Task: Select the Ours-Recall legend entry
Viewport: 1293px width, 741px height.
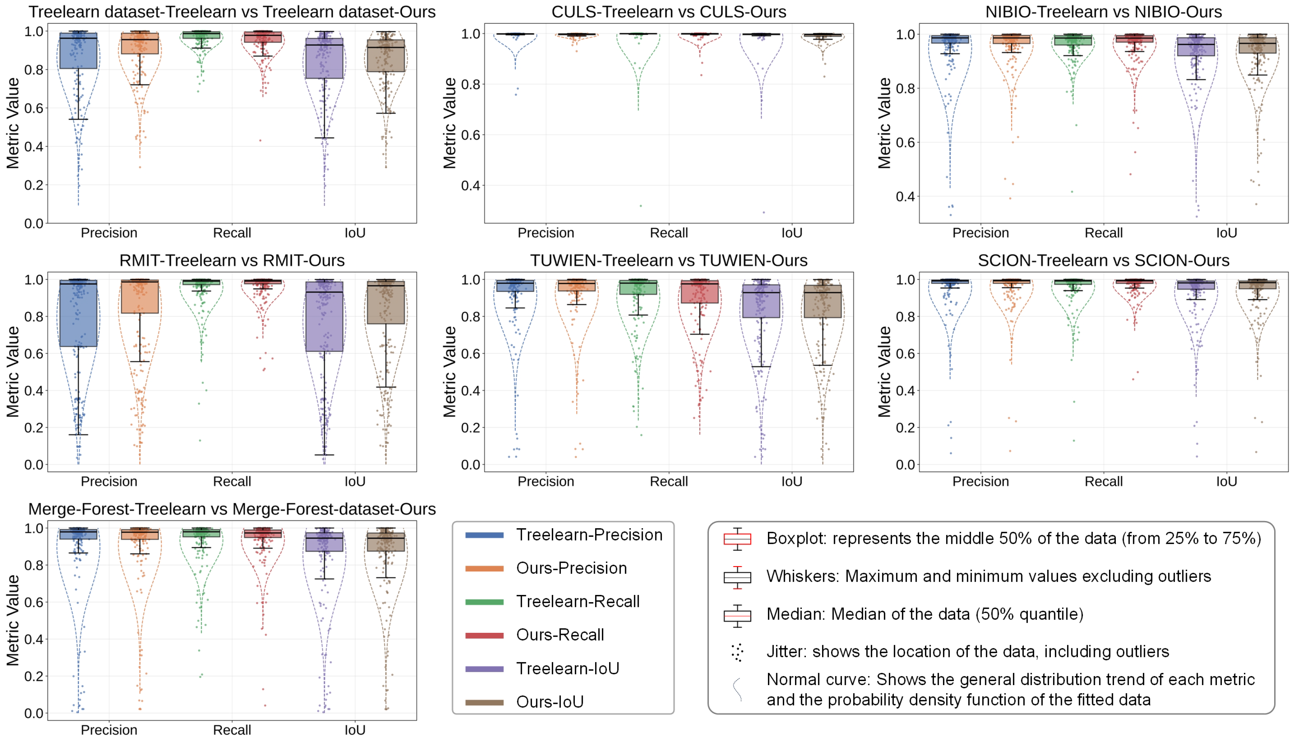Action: [560, 635]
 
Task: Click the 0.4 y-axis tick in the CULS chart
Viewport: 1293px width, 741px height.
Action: [471, 186]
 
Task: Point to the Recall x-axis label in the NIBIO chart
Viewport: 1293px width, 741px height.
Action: [1103, 233]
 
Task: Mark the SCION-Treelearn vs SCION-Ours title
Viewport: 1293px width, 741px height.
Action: [1103, 261]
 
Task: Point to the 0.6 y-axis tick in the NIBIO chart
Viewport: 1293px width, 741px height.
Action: [905, 142]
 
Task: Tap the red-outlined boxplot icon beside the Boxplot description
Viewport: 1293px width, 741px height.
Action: [737, 539]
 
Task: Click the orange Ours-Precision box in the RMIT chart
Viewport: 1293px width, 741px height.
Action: [140, 298]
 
